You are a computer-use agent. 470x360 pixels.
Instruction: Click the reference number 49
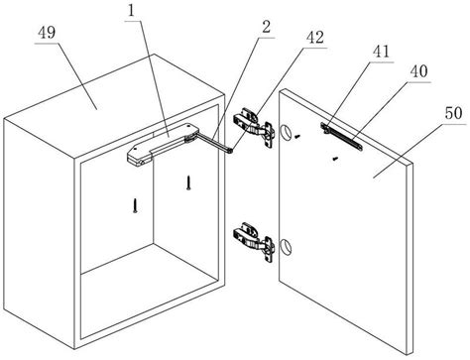(x=47, y=33)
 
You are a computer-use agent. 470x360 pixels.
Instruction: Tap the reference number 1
(x=132, y=11)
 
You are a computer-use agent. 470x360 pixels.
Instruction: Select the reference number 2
(x=266, y=27)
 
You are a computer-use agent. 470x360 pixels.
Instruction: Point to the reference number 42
(x=315, y=38)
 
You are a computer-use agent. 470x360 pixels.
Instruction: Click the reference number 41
(x=381, y=52)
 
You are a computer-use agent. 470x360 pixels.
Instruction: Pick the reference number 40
(x=418, y=71)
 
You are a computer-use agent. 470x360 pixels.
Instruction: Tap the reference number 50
(x=453, y=113)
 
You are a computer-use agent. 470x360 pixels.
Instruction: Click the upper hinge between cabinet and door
(x=254, y=127)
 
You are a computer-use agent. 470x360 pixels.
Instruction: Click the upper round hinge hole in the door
(x=286, y=133)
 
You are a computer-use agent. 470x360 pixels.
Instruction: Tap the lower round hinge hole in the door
(x=286, y=246)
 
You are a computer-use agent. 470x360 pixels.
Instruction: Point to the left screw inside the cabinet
(x=135, y=205)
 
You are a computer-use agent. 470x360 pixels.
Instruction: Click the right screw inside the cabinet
(x=188, y=182)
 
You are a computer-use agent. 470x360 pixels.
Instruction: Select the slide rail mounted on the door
(x=342, y=136)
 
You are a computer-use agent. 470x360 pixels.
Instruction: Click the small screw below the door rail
(x=335, y=159)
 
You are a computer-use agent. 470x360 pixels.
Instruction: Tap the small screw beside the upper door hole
(x=298, y=135)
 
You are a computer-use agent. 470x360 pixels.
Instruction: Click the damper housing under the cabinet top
(x=163, y=144)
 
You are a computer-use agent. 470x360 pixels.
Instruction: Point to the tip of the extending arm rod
(x=232, y=151)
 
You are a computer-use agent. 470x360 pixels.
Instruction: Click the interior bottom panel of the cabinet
(x=149, y=291)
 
